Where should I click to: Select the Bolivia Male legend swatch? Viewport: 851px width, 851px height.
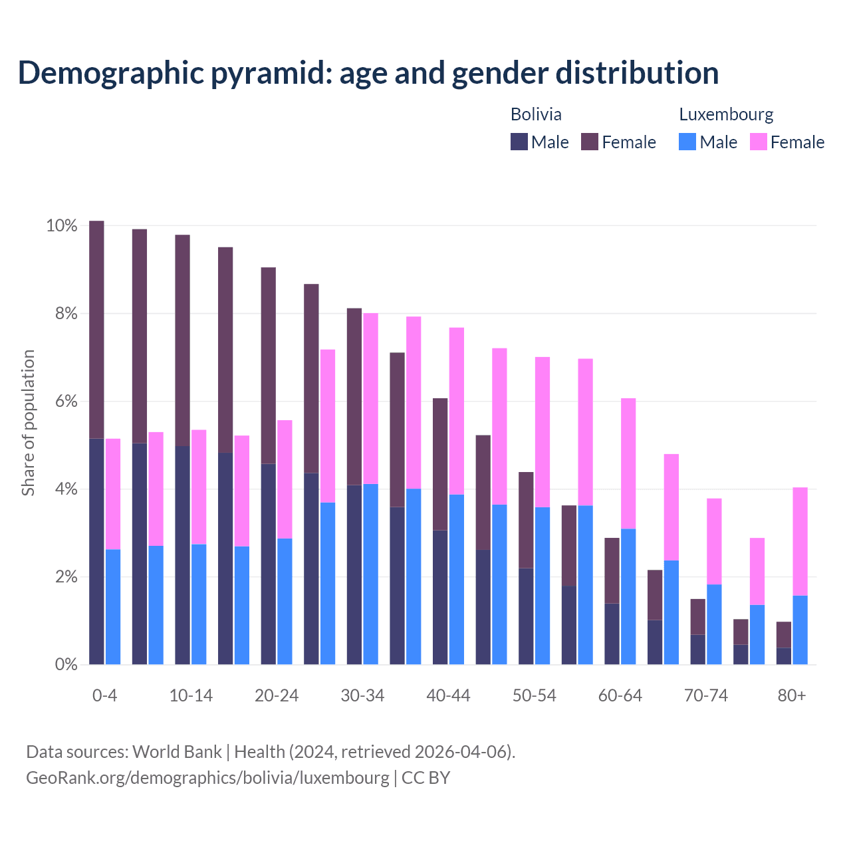coord(519,142)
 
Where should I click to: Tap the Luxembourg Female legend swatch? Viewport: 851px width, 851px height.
coord(759,142)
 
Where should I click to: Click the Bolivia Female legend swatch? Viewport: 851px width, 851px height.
coord(590,142)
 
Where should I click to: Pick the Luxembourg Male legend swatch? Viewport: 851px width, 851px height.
coord(687,142)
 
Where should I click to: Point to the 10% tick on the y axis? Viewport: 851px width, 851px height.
coord(61,226)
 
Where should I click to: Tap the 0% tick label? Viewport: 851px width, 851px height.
coord(66,664)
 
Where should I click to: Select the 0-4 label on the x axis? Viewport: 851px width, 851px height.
coord(105,695)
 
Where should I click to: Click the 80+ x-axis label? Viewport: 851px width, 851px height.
coord(792,695)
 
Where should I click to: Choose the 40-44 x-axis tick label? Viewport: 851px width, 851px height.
coord(448,695)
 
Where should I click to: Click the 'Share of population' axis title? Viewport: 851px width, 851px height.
coord(28,423)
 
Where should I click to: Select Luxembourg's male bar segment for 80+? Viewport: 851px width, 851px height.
coord(800,630)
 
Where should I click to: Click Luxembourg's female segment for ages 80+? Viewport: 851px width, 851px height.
coord(800,541)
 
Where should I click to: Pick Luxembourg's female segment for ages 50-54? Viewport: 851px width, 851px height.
coord(543,432)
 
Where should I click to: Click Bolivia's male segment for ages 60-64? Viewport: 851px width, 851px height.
coord(612,634)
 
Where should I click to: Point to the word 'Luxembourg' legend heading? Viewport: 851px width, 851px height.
coord(726,114)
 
